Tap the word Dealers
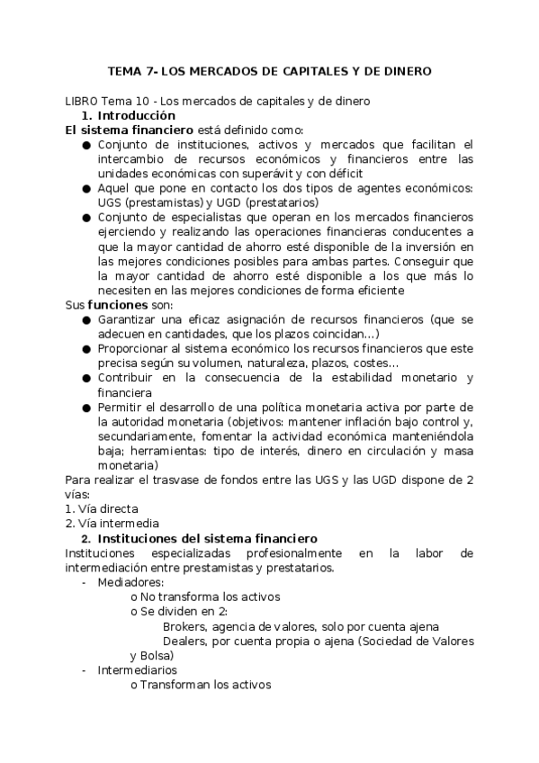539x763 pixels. (185, 641)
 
